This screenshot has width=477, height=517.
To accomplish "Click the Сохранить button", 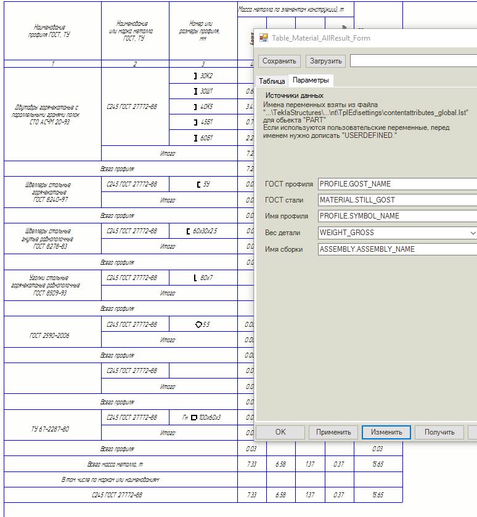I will point(280,61).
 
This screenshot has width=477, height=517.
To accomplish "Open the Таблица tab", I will point(272,81).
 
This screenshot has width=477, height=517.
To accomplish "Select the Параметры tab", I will point(311,81).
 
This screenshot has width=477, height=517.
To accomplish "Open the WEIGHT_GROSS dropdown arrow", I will point(472,233).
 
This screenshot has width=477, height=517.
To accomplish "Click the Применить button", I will point(333,432).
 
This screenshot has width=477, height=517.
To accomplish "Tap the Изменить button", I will point(386,432).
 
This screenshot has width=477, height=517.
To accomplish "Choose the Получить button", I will point(439,432).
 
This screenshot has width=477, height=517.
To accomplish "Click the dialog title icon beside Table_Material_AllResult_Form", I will point(264,38).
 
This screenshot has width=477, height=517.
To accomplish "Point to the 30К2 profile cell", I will point(203,76).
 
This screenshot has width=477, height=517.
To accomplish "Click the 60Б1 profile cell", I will point(203,138).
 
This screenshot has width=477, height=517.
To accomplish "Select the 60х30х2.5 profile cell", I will point(203,231).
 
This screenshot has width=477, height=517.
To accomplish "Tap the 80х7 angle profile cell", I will point(203,278).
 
